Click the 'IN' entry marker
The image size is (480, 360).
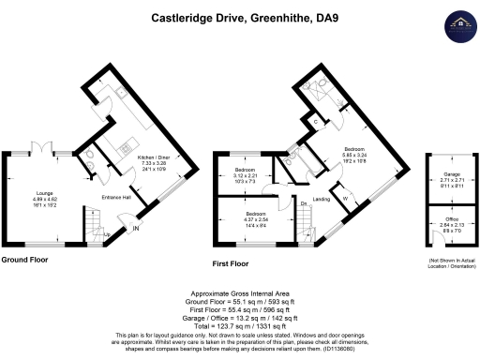click(137, 228)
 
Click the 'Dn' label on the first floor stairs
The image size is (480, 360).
click(304, 202)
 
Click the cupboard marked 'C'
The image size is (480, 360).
click(314, 121)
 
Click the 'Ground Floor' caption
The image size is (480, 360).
click(25, 260)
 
